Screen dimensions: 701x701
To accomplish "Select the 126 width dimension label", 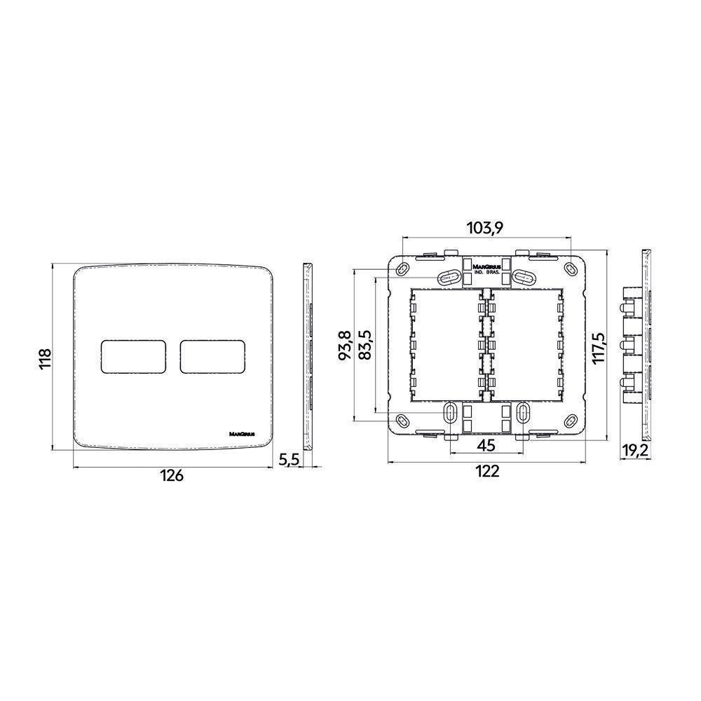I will pos(170,475).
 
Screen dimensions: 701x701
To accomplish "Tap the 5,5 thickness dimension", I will pos(289,460).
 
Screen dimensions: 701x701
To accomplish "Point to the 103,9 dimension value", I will pos(486,227).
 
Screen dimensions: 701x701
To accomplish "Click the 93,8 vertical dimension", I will pos(343,346).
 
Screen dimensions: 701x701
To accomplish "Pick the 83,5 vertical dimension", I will pos(365,346).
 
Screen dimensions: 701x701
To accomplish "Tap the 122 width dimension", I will pos(486,472).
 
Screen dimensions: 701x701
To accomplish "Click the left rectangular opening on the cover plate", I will pos(134,357).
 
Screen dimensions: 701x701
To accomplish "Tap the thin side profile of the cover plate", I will pos(308,358).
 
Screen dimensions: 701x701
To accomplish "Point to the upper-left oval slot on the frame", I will pos(446,278).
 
